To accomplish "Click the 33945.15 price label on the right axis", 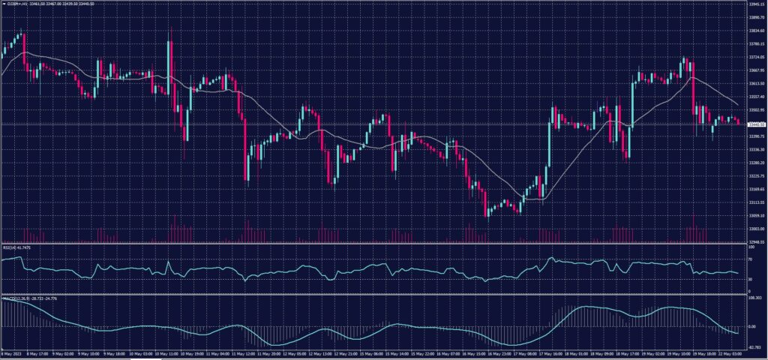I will [755, 4].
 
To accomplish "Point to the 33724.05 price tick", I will [755, 57].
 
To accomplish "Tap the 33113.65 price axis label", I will [755, 202].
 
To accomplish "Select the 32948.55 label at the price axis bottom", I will [755, 242].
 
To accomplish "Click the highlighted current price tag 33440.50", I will [755, 124].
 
